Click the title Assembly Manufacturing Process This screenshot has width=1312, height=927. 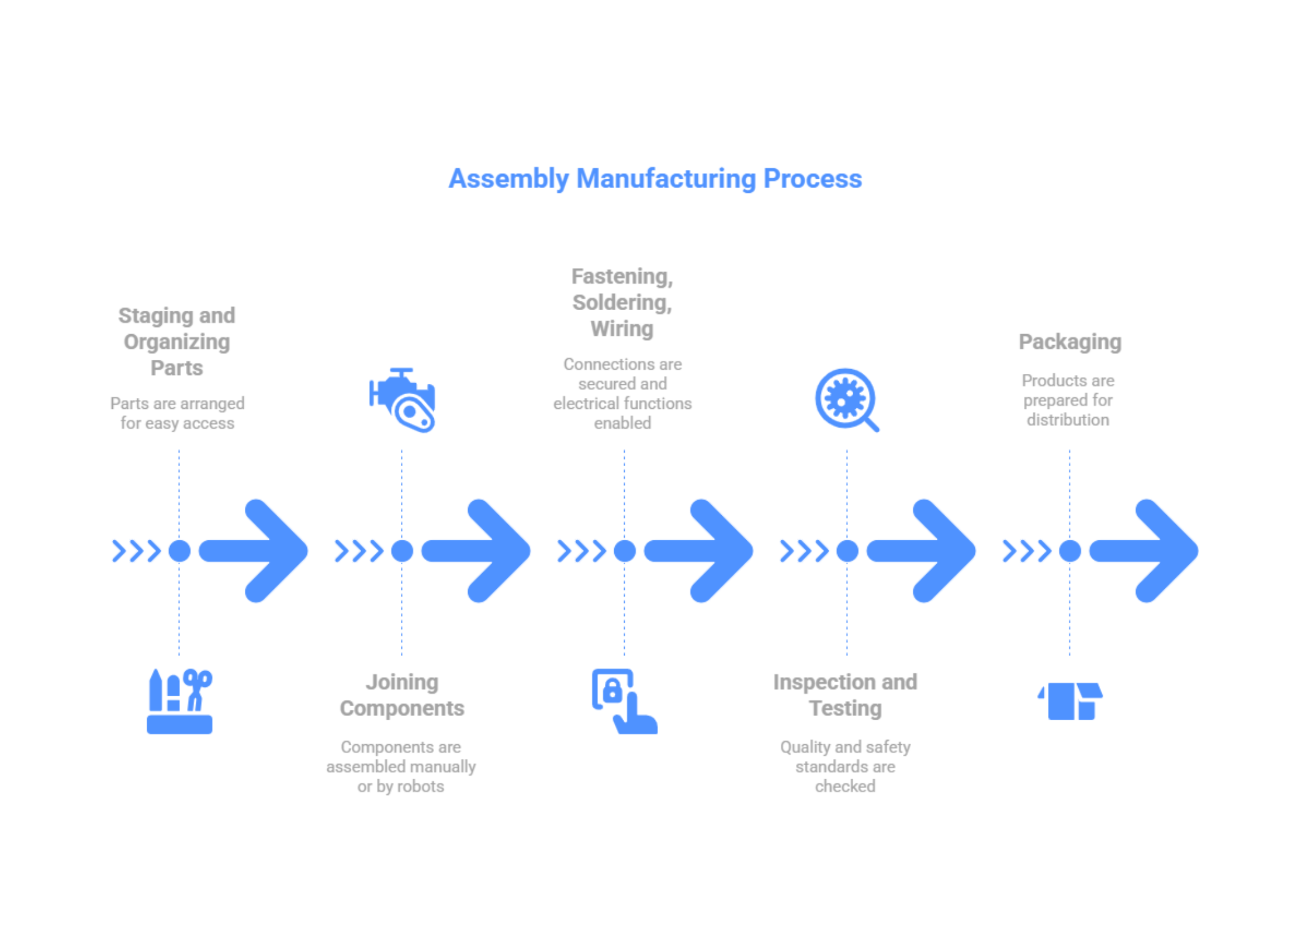point(655,179)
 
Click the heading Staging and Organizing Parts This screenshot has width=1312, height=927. point(177,342)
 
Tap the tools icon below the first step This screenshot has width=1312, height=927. point(179,701)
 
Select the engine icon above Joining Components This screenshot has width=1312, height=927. point(402,401)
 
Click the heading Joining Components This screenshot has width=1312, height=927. point(402,695)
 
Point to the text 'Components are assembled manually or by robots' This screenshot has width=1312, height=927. point(401,767)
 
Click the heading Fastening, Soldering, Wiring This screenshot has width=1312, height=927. point(622,303)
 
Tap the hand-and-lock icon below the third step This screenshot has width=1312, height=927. point(624,701)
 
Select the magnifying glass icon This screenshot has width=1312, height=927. point(847,400)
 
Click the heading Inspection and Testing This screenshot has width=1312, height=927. point(846,695)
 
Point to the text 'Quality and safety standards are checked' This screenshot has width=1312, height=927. point(846,767)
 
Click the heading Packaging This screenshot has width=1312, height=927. point(1069,342)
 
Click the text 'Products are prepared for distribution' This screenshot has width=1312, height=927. point(1068,400)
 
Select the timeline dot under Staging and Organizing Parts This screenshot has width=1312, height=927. point(179,551)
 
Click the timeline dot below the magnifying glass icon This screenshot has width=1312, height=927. point(847,551)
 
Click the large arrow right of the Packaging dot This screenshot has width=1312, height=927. point(1145,551)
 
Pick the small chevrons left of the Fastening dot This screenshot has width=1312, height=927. point(581,551)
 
